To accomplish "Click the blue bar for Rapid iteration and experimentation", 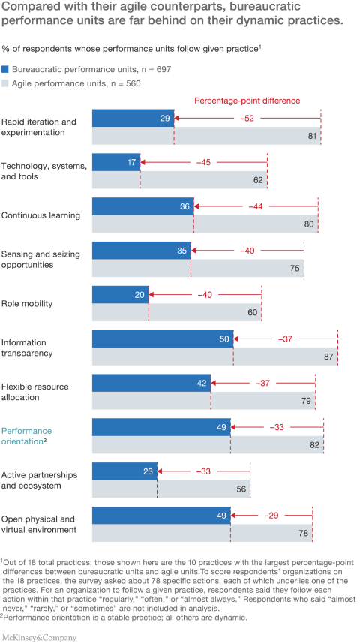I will pyautogui.click(x=133, y=118).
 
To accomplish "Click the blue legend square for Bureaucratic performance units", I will pyautogui.click(x=5, y=68).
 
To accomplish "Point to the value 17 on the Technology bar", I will pyautogui.click(x=131, y=162).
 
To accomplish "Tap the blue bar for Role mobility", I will pyautogui.click(x=120, y=295).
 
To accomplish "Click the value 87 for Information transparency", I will pyautogui.click(x=328, y=357).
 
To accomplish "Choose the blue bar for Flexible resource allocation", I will pyautogui.click(x=151, y=383).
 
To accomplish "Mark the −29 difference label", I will pyautogui.click(x=271, y=516).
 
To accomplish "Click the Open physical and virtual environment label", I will pyautogui.click(x=38, y=524).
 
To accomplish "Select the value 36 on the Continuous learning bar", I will pyautogui.click(x=184, y=206).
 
